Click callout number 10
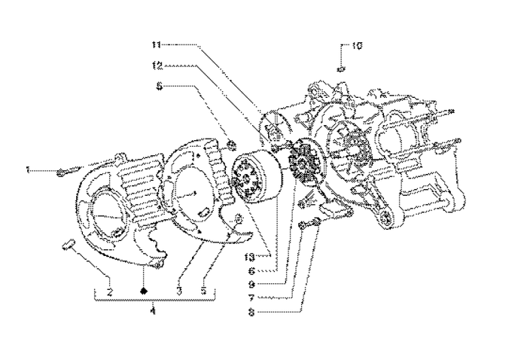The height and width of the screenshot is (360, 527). point(357,46)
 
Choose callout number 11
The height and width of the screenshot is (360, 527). point(155,44)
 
